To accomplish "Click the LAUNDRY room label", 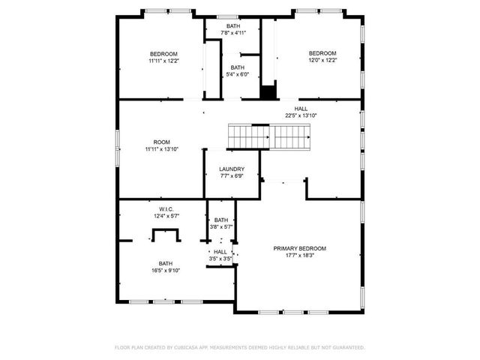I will click(x=232, y=169).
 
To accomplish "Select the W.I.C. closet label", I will click(x=166, y=209).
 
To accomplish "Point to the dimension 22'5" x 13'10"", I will click(x=301, y=115).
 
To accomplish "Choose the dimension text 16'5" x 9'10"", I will click(x=166, y=271).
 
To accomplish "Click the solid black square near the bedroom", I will click(x=268, y=92).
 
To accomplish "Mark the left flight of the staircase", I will click(x=249, y=137).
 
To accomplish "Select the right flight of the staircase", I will click(x=292, y=137).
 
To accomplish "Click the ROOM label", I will click(x=162, y=142).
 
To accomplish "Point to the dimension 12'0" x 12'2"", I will click(x=322, y=60).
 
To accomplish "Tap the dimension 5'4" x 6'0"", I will click(x=237, y=74).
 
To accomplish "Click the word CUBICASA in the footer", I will click(x=186, y=348).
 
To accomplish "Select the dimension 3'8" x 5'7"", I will click(x=220, y=226).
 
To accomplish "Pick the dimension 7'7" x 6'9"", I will click(x=232, y=176).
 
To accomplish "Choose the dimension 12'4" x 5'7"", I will click(x=166, y=217).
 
